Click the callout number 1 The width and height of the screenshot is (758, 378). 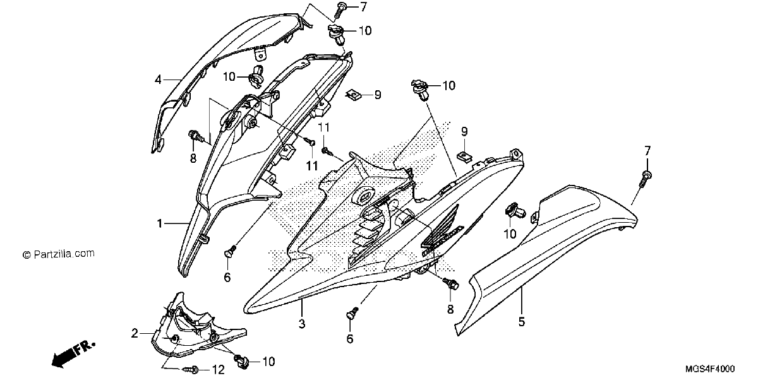click(160, 223)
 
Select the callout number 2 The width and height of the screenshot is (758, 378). click(135, 333)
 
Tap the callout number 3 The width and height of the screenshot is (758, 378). click(302, 324)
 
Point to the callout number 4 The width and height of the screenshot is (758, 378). click(158, 80)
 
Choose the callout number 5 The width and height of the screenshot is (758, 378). click(522, 322)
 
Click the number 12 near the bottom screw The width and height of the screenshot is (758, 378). click(219, 370)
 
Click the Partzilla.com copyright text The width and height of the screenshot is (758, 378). click(59, 254)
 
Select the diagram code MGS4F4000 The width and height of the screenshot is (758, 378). click(710, 369)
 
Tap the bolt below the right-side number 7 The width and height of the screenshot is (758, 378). click(646, 178)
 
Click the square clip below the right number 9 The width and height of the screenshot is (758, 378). click(464, 157)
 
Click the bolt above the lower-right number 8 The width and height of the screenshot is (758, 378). click(450, 284)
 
